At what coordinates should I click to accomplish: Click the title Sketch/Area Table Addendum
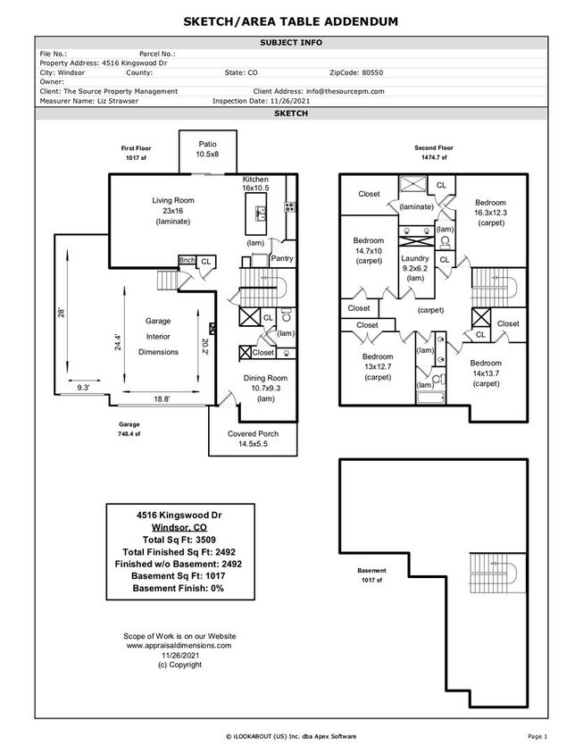coord(291,21)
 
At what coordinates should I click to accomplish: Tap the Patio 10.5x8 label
coord(207,148)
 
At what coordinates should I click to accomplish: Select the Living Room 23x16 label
coord(172,210)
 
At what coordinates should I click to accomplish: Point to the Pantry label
coord(282,258)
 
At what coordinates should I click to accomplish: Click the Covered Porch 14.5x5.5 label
coord(253,439)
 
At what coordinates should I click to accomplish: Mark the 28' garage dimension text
coord(62,314)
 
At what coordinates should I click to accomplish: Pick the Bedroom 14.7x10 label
coord(369,251)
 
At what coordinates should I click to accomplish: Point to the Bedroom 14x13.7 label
coord(487,373)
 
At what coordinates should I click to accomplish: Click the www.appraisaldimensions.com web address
coord(179,645)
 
